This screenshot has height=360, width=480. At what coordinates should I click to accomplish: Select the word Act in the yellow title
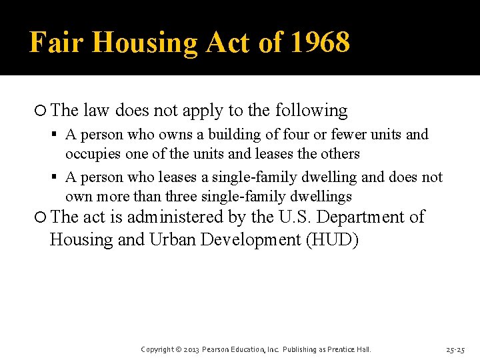228,43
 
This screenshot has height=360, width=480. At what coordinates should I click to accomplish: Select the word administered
175,217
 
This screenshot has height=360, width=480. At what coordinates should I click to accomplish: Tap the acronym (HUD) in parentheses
332,239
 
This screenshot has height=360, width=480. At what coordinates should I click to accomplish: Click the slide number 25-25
456,349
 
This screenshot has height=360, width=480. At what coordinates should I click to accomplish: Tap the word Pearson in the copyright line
217,349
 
